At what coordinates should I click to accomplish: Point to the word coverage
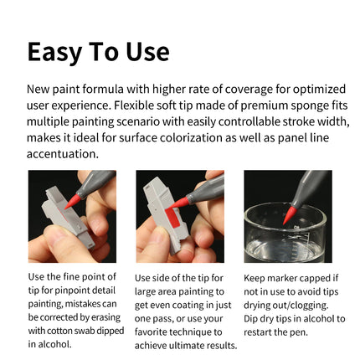click(x=243, y=88)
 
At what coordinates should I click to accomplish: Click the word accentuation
click(x=63, y=154)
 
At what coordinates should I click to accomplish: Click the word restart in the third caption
click(x=261, y=332)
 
